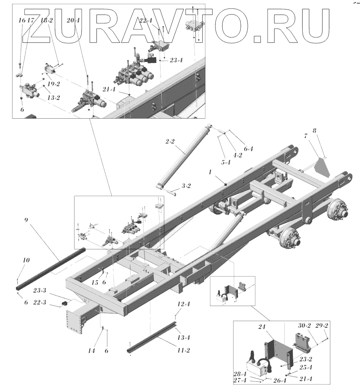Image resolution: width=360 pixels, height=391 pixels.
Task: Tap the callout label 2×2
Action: point(170,141)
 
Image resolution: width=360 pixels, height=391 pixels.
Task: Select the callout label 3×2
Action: point(186,186)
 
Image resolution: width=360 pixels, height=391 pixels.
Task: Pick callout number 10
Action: point(26,260)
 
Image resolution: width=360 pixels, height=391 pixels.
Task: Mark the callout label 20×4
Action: point(73,21)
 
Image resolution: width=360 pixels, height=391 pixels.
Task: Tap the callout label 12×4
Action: point(183,304)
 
